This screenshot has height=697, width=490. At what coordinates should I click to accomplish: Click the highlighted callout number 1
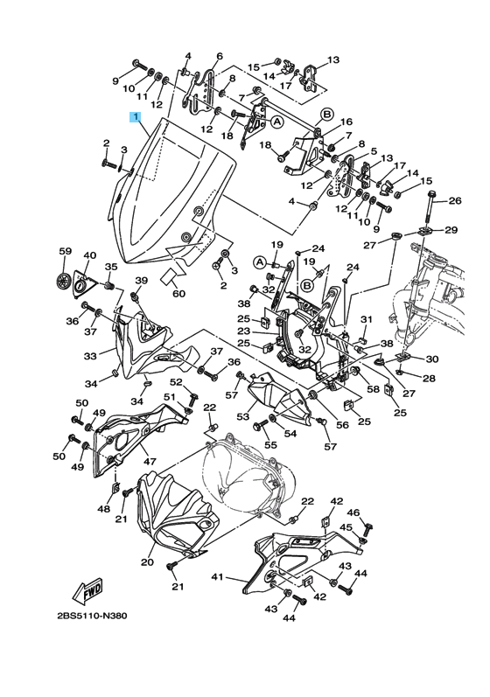pos(135,117)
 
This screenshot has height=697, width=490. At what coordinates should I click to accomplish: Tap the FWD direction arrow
pos(88,591)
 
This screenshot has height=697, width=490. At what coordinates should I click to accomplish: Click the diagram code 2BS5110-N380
pos(92,616)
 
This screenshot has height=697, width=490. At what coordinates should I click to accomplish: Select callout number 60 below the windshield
pos(178,294)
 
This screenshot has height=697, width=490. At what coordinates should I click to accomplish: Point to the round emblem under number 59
pos(64,281)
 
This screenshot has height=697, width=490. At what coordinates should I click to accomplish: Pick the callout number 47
pos(150,461)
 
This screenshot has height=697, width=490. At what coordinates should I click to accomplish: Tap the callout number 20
pos(147,562)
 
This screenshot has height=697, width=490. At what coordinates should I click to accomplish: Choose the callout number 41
pos(217,577)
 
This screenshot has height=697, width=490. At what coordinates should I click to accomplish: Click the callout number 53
pos(242,416)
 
